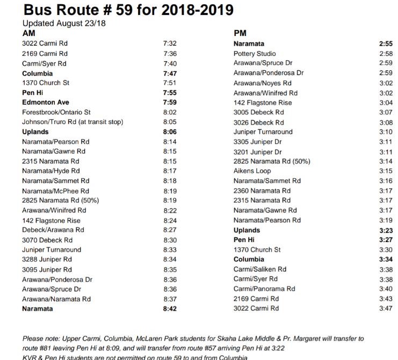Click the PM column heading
pos(240,33)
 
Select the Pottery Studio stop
pos(255,54)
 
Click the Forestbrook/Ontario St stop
pos(56,112)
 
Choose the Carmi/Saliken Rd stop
pos(260,269)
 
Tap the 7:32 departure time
pos(170,43)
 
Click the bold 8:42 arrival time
pos(170,309)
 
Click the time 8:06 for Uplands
pos(170,132)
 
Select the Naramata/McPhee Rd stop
pos(56,190)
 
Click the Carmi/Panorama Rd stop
pos(264,289)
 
